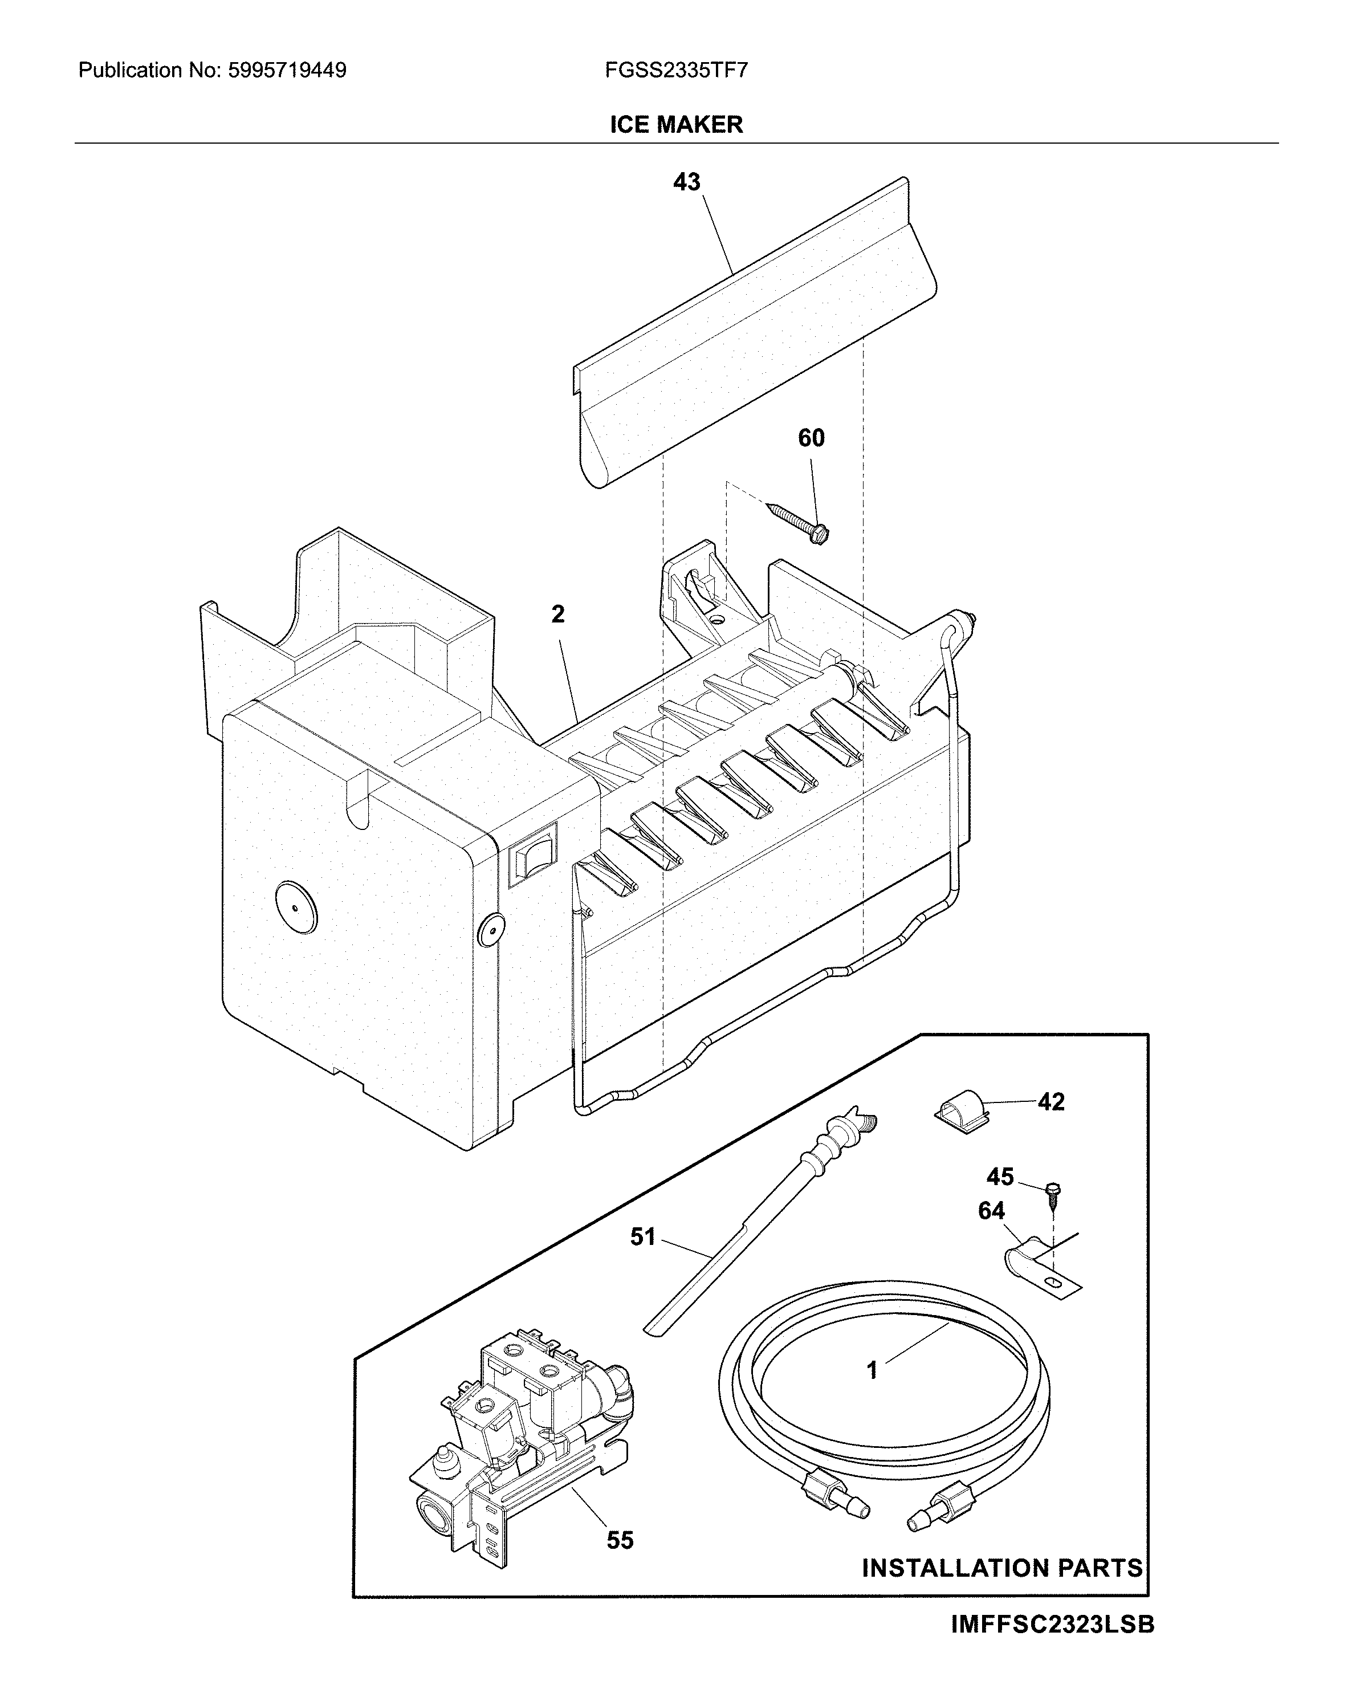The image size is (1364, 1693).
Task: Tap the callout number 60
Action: tap(811, 438)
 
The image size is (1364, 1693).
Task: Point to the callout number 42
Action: tap(1051, 1102)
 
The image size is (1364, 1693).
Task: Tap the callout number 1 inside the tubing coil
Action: tap(872, 1370)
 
